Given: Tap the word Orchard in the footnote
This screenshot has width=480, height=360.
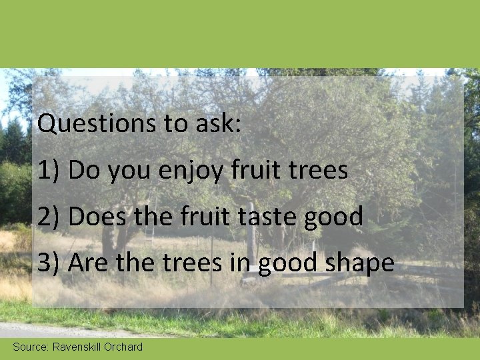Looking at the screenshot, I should pos(123,347).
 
